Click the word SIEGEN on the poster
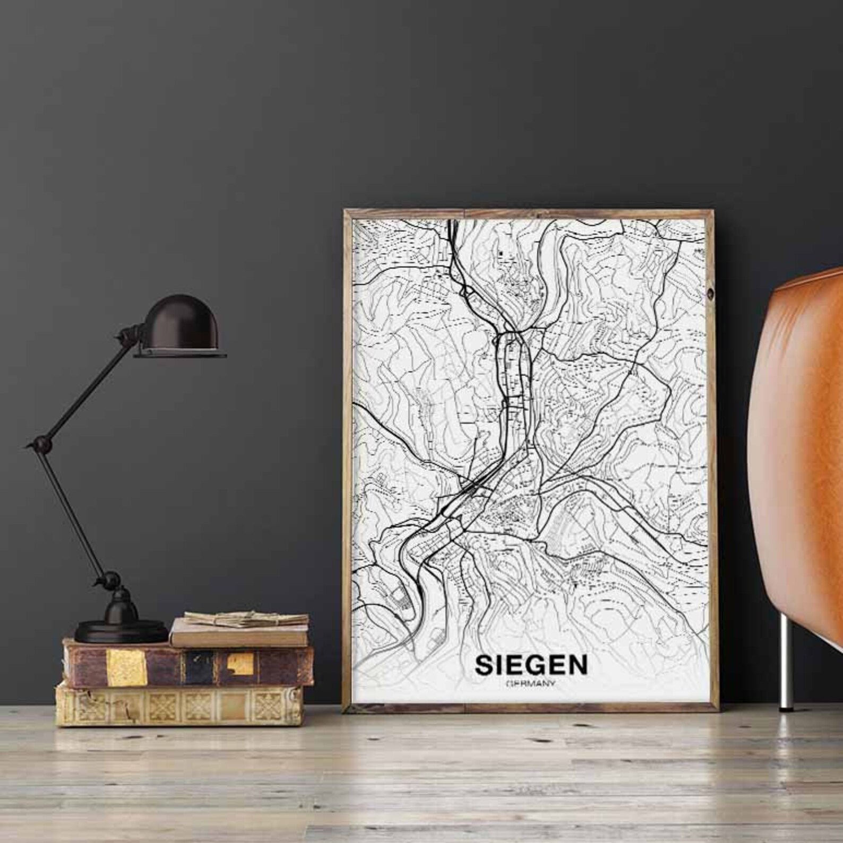tap(532, 665)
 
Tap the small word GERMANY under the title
tap(532, 683)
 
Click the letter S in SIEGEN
tap(485, 665)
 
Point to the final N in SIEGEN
tap(578, 665)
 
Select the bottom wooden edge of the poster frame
tap(531, 708)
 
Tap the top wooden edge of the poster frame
tap(531, 213)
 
